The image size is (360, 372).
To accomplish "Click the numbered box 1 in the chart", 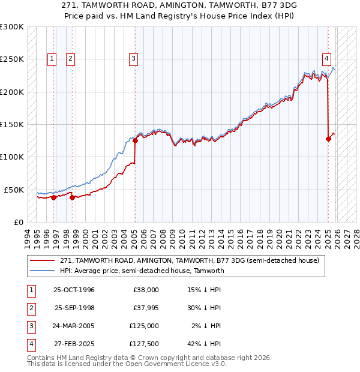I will click(x=53, y=58).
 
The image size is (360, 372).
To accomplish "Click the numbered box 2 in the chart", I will click(x=71, y=58).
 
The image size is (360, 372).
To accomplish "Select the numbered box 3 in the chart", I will click(x=133, y=58).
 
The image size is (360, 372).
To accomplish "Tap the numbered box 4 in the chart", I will click(x=326, y=58).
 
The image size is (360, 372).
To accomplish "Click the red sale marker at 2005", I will click(x=135, y=141).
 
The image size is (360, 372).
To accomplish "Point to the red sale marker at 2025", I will click(x=328, y=139).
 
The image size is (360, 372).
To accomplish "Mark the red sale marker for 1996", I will click(x=54, y=197).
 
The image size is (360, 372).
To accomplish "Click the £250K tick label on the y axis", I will click(x=12, y=59).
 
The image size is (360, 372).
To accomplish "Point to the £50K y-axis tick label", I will click(x=14, y=190).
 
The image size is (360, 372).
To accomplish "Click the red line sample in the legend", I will click(x=43, y=260).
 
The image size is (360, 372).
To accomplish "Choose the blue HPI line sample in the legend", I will click(x=43, y=271).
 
